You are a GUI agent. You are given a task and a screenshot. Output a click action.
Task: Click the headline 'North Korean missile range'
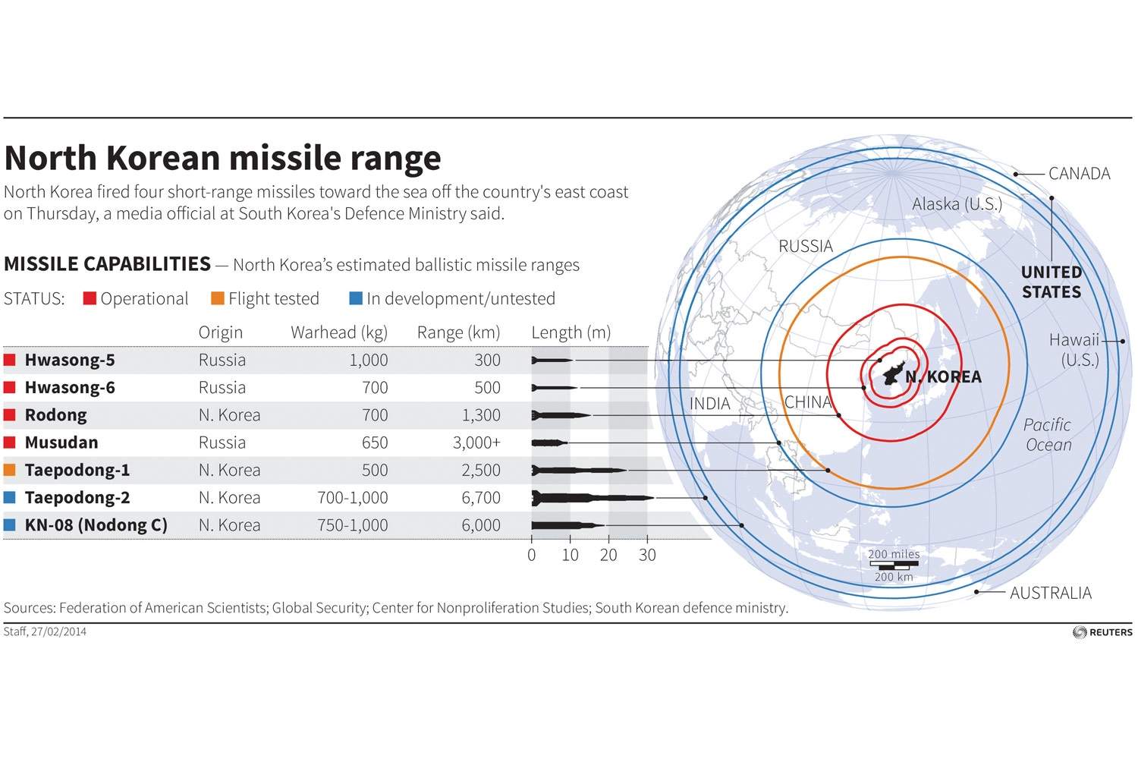222,158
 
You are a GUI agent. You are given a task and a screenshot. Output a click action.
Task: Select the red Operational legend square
90,298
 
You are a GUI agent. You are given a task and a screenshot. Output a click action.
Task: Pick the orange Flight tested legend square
218,298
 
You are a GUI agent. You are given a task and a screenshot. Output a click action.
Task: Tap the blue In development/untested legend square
356,298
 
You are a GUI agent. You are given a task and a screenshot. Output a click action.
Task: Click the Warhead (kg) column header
338,332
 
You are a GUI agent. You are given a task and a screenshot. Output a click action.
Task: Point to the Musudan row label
61,442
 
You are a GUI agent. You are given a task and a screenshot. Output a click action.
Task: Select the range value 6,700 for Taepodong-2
481,498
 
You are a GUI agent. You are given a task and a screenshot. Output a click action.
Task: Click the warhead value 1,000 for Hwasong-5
368,360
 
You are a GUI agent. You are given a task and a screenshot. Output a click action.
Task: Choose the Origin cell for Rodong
229,415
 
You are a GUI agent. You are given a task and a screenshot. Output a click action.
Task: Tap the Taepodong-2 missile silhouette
592,498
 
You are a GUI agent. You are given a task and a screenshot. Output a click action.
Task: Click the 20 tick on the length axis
608,555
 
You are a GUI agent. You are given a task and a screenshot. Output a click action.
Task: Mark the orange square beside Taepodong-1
10,470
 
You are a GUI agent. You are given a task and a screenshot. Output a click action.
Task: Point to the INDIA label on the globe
709,404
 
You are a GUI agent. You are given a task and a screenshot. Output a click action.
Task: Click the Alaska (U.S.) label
957,204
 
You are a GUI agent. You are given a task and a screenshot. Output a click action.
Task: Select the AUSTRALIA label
1050,593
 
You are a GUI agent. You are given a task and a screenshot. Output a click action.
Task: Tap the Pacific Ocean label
1048,435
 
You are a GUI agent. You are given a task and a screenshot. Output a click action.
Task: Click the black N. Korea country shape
894,374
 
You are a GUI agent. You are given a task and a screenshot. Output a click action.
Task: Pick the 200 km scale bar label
894,577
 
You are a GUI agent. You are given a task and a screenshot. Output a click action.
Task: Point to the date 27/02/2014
58,631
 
